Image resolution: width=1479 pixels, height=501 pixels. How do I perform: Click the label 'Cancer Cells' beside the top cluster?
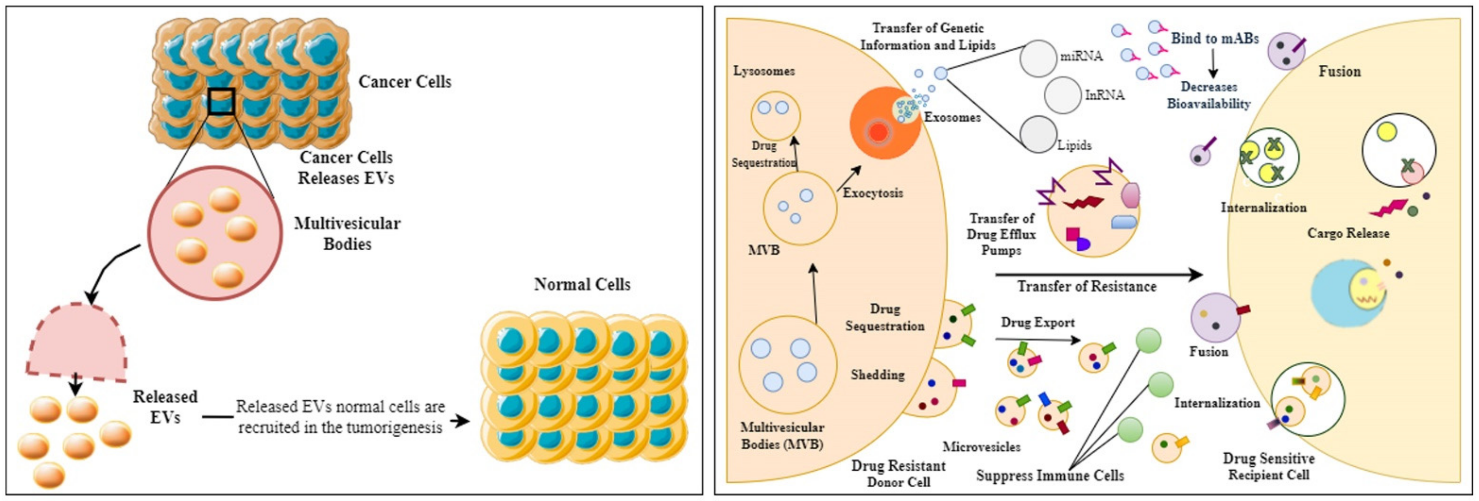point(405,82)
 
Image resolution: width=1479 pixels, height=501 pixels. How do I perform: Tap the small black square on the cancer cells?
point(221,101)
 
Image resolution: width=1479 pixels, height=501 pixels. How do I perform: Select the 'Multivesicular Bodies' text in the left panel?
point(347,234)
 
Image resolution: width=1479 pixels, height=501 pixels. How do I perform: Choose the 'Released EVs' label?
point(165,407)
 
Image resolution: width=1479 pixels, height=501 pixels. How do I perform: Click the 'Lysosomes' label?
point(764,71)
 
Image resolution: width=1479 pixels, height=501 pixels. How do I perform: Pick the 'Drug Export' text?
point(1038,323)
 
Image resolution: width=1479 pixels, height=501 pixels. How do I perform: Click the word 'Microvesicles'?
point(981,447)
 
